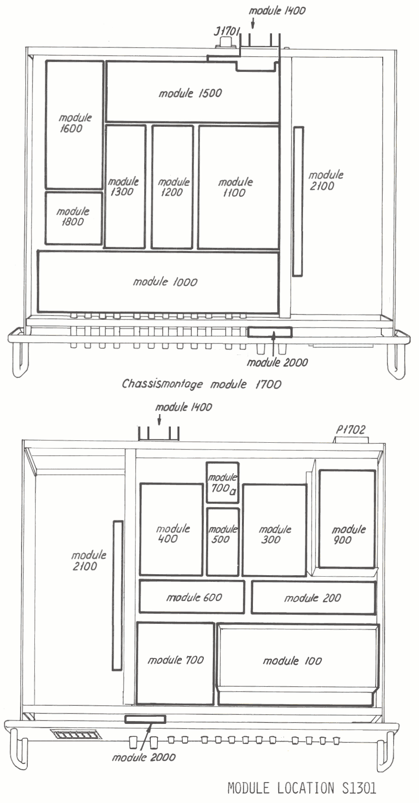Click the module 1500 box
(x=193, y=92)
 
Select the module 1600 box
(x=74, y=124)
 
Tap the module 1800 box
(x=73, y=218)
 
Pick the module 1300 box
(x=125, y=186)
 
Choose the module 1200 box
(x=172, y=187)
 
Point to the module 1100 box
(x=239, y=187)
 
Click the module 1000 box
(x=158, y=282)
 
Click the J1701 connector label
(x=227, y=31)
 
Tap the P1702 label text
(x=351, y=429)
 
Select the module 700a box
(x=222, y=483)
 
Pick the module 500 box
(x=222, y=542)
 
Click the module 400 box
(x=172, y=529)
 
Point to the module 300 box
(x=275, y=530)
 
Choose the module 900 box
(x=347, y=518)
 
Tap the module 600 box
(x=192, y=597)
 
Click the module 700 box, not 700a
(x=175, y=663)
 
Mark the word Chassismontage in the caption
(x=162, y=384)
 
